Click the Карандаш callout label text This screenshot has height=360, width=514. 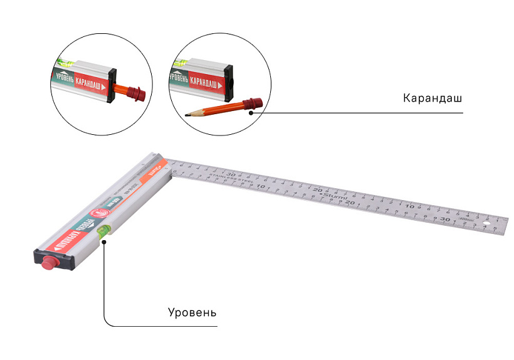[433, 99]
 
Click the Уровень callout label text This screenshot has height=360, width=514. [192, 312]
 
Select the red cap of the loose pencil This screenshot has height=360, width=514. [251, 103]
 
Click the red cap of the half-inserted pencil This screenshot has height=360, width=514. [139, 93]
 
